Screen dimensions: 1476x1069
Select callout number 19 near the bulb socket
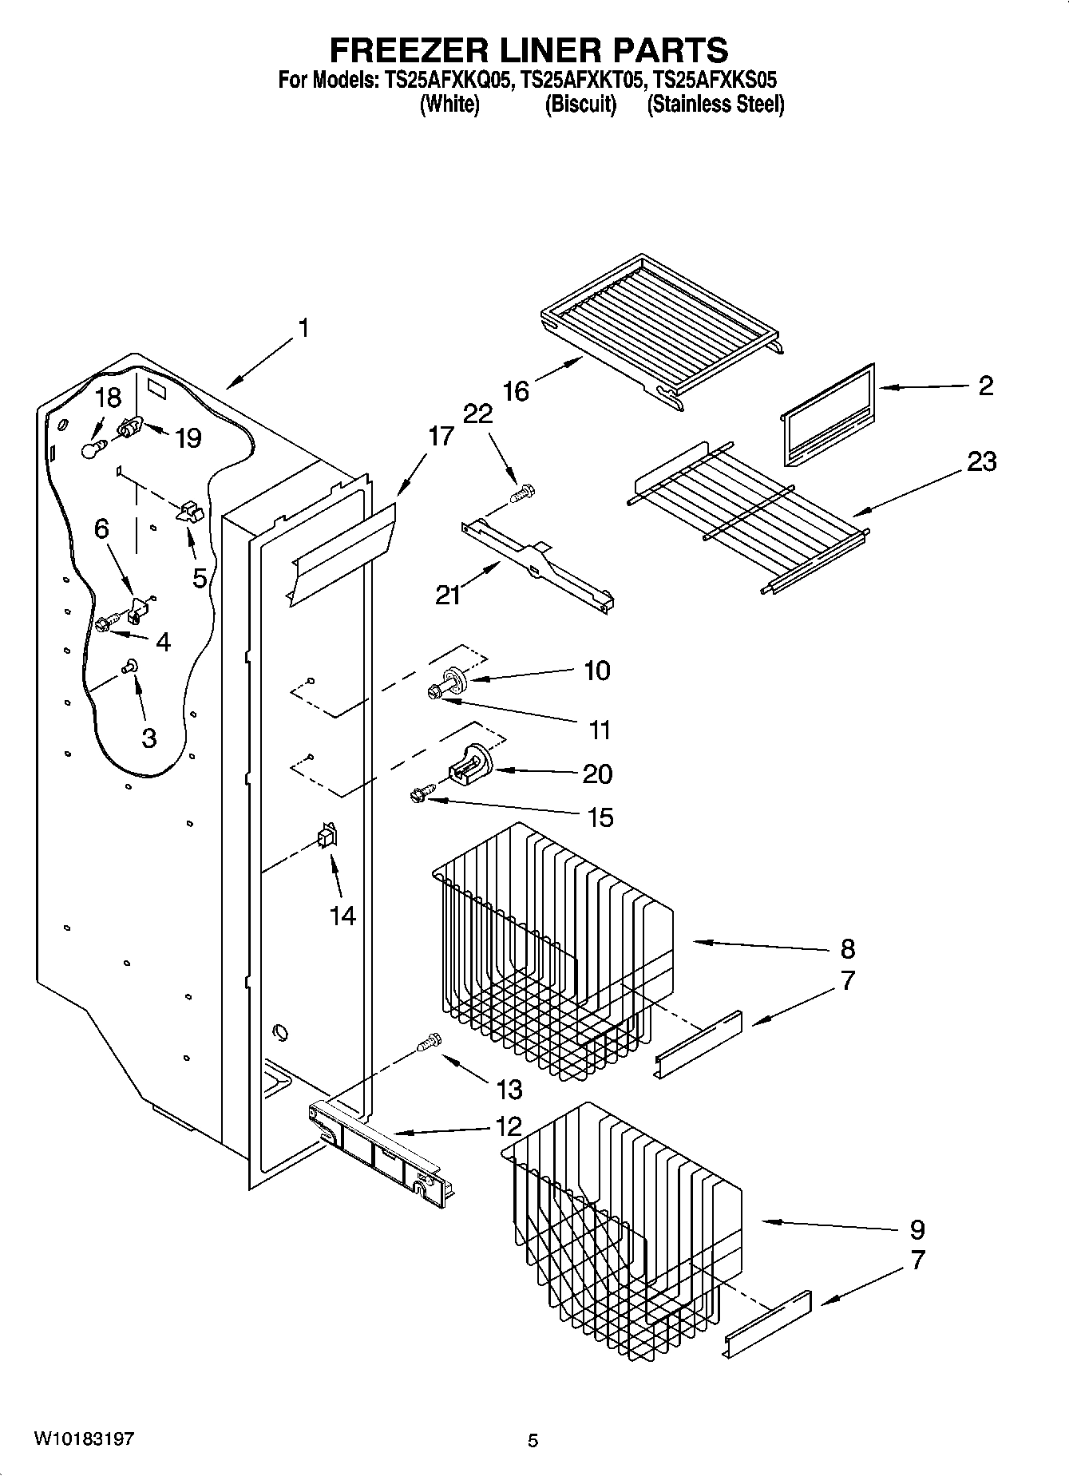(x=188, y=438)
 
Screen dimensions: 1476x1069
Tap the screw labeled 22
(x=523, y=493)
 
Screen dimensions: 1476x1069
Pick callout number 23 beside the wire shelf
(x=981, y=461)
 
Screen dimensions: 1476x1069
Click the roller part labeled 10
(x=457, y=679)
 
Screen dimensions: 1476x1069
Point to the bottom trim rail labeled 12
(x=379, y=1151)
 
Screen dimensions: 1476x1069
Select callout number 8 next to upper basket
(x=847, y=948)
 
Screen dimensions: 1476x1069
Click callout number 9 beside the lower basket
(x=917, y=1229)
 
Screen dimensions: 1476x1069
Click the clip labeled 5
(x=190, y=512)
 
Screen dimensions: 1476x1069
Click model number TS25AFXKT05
(x=581, y=80)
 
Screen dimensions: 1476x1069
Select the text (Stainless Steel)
(x=715, y=104)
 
